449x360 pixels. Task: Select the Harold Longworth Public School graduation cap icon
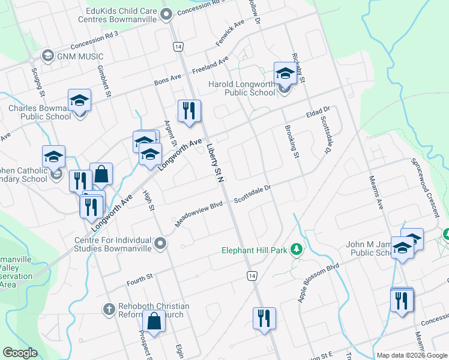285,74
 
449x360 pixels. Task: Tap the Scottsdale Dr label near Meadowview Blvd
252,193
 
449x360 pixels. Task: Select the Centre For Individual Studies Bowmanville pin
160,243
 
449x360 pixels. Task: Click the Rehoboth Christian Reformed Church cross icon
109,310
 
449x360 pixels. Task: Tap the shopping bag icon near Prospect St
154,321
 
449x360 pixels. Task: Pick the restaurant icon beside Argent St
189,110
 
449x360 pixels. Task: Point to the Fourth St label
140,280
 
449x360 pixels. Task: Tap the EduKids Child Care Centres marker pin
166,14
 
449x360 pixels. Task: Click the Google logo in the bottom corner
20,353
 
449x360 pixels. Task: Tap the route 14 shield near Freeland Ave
178,46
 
